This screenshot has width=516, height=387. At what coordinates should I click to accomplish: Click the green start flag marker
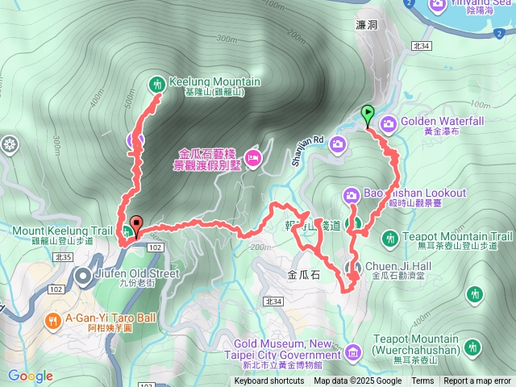tap(368, 114)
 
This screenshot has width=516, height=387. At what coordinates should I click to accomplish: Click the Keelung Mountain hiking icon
tap(156, 82)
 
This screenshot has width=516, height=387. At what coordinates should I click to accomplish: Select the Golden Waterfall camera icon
tap(388, 123)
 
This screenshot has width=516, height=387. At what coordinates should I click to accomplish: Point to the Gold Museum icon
tap(352, 352)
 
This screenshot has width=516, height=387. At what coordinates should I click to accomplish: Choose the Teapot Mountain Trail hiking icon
tap(389, 238)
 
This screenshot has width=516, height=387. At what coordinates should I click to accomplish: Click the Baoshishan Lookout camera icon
tap(352, 194)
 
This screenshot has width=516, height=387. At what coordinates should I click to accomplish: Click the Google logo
tap(31, 376)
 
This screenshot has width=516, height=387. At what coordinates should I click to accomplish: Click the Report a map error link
tap(477, 381)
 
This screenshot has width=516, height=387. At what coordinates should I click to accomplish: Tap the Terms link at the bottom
tap(422, 381)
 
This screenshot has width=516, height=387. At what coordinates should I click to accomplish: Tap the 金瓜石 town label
tap(303, 274)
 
